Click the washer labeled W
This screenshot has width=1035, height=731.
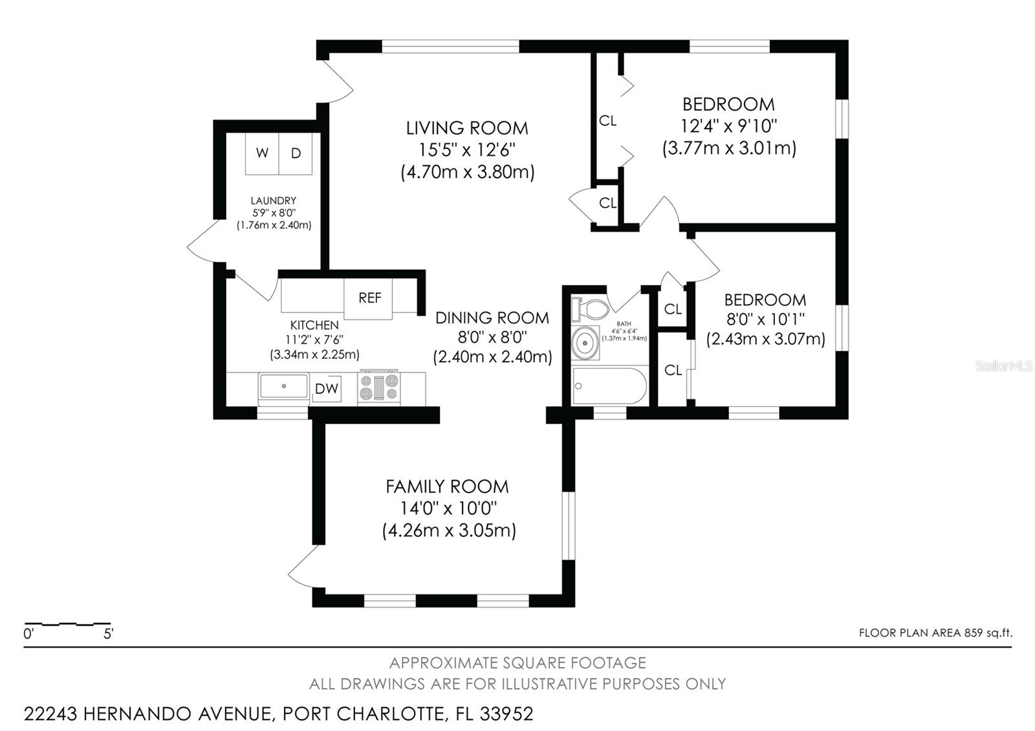point(262,153)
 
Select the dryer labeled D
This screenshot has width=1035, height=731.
point(296,153)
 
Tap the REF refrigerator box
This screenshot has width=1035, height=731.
point(369,298)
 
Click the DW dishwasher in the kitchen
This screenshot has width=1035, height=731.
point(326,389)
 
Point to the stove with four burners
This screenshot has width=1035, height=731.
point(379,388)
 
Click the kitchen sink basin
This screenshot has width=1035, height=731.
point(283,387)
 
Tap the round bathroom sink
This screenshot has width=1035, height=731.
point(586,342)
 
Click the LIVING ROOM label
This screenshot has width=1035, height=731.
point(467,127)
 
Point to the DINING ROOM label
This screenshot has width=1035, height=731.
point(492,318)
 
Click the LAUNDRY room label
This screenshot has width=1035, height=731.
point(274,201)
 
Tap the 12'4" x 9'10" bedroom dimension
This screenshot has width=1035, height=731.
point(728,125)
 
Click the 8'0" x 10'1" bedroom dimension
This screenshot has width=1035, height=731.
point(765,320)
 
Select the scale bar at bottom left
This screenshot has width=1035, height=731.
point(67,625)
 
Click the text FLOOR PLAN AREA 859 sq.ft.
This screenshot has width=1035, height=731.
point(935,633)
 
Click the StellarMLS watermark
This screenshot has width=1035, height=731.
point(1003,366)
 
